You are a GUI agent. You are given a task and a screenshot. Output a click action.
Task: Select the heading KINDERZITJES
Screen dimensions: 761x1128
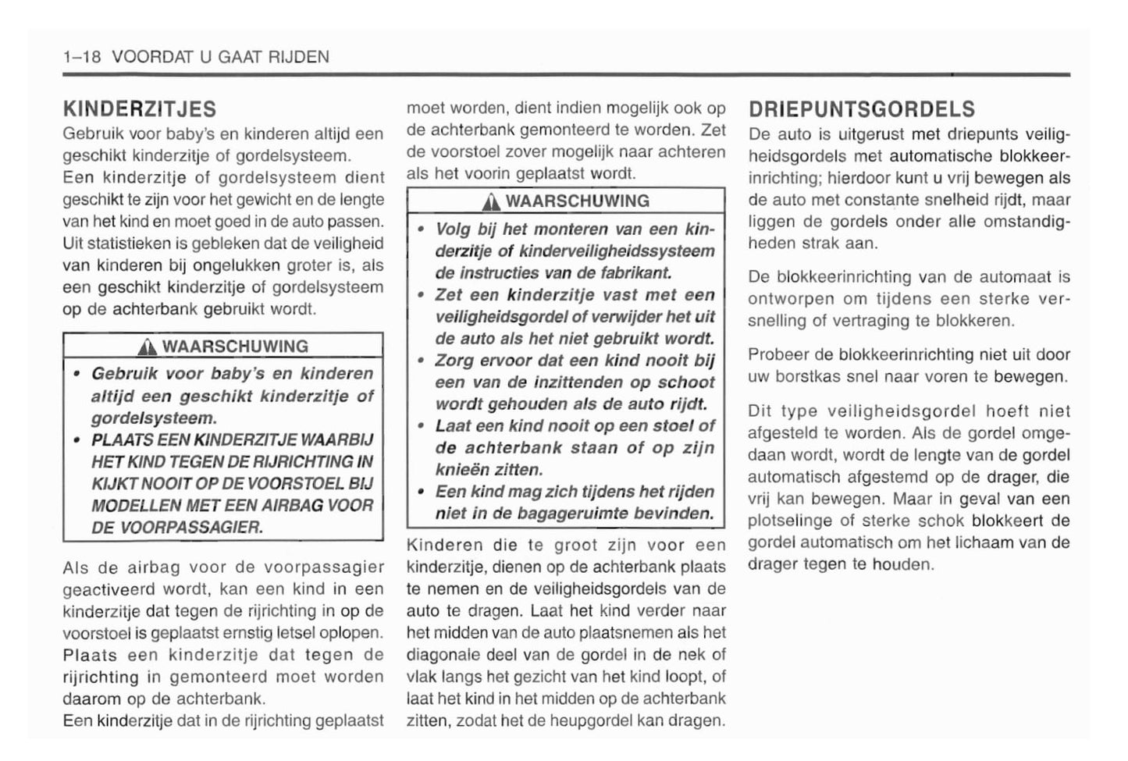tap(140, 108)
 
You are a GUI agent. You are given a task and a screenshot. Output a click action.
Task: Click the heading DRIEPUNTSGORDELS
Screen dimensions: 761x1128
tap(862, 108)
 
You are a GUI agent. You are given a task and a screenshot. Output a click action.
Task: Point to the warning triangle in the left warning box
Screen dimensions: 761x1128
tap(151, 347)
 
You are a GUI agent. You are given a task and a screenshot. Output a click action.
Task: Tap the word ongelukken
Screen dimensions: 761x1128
tap(238, 265)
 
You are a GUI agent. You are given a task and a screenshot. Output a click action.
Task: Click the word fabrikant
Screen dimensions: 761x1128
tap(633, 273)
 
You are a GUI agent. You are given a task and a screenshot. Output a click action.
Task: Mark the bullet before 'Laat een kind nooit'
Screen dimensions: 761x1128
tap(421, 426)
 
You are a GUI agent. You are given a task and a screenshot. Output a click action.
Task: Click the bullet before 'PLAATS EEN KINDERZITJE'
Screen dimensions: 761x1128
tap(77, 440)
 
